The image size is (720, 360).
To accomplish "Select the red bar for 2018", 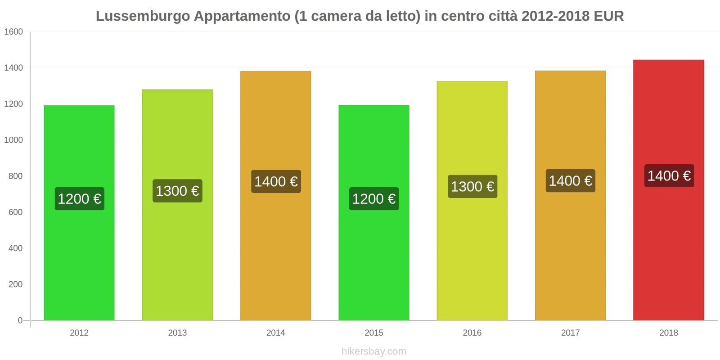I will click(668, 252).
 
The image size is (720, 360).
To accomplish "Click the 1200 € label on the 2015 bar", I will click(374, 199).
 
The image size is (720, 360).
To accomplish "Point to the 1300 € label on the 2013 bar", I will click(177, 191).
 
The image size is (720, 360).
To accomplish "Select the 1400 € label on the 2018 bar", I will click(669, 175).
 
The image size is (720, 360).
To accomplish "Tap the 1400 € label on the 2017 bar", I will click(570, 181).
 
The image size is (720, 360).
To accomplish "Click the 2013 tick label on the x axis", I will click(177, 333).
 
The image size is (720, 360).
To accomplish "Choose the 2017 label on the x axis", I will click(570, 333).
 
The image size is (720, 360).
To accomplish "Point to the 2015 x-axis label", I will click(374, 333).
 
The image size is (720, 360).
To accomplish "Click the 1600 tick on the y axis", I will click(13, 32).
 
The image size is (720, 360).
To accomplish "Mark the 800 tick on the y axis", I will click(15, 176).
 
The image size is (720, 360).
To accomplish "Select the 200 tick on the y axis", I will click(15, 284).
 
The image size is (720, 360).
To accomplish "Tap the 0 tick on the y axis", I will click(20, 320).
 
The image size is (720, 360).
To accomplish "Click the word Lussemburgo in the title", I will click(143, 16).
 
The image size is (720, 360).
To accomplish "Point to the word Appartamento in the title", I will click(242, 16).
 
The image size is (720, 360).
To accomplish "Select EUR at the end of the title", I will click(608, 16).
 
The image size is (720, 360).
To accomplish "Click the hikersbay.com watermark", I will click(374, 351).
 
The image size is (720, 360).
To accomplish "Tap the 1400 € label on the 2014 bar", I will click(276, 182).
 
